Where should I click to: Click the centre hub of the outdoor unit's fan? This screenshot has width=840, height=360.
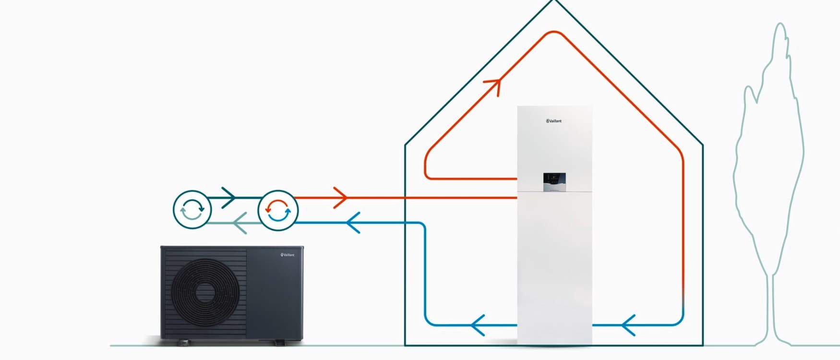[x=205, y=291]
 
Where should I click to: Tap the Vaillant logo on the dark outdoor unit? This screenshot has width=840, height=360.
[x=288, y=255]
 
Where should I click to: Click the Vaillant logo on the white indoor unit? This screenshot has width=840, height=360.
[x=554, y=121]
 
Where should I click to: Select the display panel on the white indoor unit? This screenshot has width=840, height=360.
[x=554, y=182]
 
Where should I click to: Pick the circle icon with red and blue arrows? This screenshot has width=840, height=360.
[x=278, y=210]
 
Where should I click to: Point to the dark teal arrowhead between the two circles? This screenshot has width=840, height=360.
[x=228, y=197]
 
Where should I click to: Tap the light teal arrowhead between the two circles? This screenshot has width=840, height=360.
[x=240, y=223]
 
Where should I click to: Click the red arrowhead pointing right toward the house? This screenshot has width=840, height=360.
[x=340, y=197]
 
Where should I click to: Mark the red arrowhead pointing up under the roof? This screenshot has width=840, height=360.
[x=493, y=86]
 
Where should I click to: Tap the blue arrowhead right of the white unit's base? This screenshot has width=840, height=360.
[x=628, y=325]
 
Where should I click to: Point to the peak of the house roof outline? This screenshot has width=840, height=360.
[x=553, y=1]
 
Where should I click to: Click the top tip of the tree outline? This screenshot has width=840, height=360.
[x=780, y=24]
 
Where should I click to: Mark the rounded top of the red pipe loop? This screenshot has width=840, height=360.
[x=553, y=33]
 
